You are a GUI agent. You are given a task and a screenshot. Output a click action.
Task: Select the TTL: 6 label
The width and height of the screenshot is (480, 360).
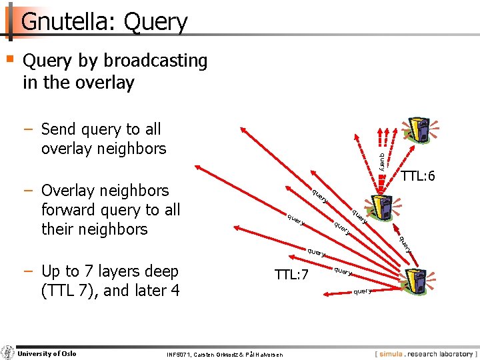tap(418, 176)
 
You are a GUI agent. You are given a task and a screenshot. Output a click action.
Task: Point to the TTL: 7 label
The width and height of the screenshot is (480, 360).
tap(291, 273)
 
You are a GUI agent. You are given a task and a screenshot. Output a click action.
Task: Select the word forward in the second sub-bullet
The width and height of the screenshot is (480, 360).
tap(73, 210)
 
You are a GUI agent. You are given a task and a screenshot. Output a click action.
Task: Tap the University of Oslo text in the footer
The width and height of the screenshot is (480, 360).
tap(47, 353)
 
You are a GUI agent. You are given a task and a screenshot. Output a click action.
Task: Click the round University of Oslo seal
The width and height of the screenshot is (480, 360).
tap(8, 353)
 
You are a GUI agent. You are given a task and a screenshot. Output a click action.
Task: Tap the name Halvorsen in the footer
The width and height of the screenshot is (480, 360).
tap(264, 354)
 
